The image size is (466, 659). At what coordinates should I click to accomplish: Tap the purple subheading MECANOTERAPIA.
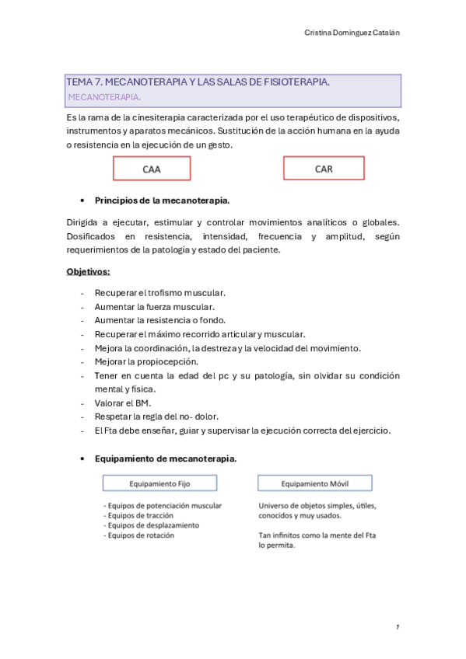[104, 98]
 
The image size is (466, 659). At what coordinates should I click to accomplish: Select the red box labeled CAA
[152, 169]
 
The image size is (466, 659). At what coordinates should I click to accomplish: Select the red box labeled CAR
[324, 169]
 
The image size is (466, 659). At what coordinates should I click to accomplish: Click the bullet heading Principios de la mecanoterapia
[162, 200]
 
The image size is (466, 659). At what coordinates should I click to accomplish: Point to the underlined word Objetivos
[88, 272]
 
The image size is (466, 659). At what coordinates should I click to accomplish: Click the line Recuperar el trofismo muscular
[159, 293]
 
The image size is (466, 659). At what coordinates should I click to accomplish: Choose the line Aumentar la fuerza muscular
[154, 306]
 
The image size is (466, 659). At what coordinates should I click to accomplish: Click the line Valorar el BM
[123, 403]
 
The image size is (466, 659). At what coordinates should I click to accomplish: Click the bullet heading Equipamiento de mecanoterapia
[166, 459]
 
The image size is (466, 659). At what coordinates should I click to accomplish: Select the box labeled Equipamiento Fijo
[159, 483]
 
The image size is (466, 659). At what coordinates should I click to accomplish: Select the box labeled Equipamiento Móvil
[315, 483]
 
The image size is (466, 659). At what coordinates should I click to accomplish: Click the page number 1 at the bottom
[397, 626]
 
